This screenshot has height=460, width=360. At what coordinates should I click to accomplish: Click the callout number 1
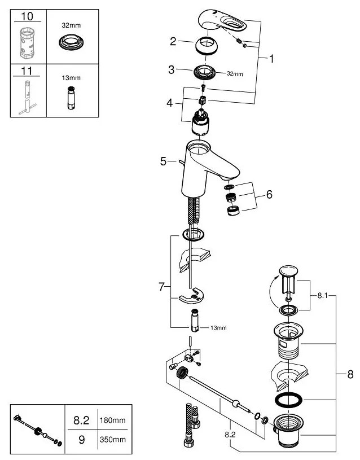(x=271, y=58)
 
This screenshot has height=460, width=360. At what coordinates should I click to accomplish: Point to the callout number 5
(x=163, y=161)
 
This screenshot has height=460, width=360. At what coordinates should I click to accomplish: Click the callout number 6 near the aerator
(x=269, y=195)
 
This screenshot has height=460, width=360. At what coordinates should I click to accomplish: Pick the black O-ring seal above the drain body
(x=288, y=400)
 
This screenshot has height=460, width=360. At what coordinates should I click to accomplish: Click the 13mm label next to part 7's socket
(x=218, y=328)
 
